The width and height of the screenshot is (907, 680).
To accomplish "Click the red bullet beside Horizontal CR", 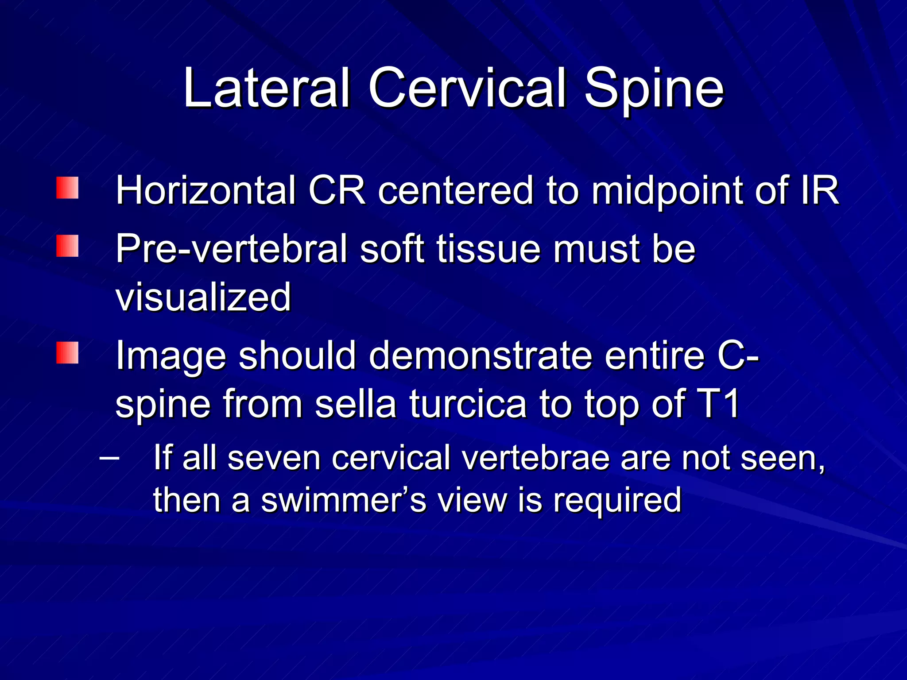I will click(x=67, y=188).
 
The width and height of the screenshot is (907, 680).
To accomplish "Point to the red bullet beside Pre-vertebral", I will click(x=67, y=246).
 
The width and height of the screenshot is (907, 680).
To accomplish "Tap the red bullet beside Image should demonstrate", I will click(x=67, y=353).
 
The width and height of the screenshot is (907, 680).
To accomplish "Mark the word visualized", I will click(x=203, y=297).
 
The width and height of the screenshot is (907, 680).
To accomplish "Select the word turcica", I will click(x=468, y=403).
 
